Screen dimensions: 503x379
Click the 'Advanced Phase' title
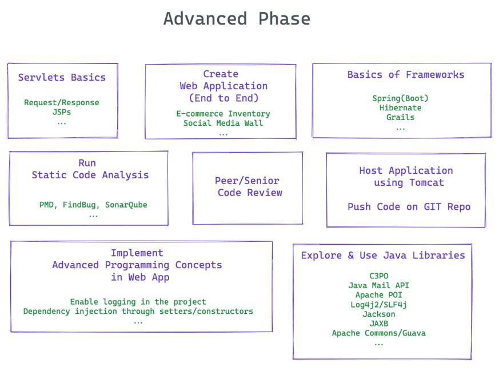point(237,19)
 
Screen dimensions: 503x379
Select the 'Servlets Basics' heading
point(62,77)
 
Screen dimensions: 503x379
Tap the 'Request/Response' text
point(62,102)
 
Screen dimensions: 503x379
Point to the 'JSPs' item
point(62,112)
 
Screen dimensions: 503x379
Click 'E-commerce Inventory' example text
point(223,114)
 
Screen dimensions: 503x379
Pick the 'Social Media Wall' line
point(223,123)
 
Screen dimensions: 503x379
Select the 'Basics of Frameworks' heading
point(406,75)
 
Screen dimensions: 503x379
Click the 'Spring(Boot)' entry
point(400,98)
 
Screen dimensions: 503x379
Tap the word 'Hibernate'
point(400,108)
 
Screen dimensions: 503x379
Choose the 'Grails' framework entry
point(400,117)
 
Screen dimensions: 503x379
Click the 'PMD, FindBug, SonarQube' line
point(93,205)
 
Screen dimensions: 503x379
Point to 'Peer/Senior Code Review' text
point(249,186)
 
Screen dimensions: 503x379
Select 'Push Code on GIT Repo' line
point(409,207)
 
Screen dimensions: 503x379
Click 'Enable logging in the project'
point(138,302)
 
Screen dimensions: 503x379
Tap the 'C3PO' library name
point(379,276)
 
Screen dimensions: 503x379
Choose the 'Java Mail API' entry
point(379,285)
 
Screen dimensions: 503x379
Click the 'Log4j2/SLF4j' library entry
point(379,305)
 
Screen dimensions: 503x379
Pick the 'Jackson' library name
point(379,314)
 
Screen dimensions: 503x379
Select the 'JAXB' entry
point(379,324)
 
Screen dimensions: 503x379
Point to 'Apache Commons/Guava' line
point(379,333)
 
